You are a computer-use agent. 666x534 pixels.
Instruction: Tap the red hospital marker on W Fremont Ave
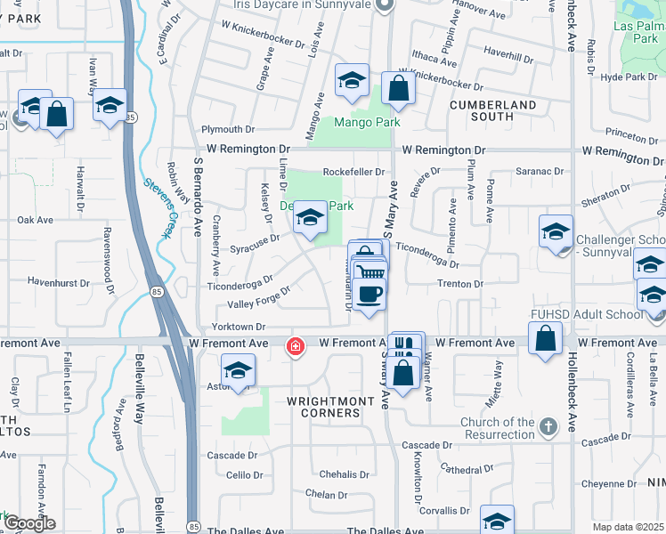293,346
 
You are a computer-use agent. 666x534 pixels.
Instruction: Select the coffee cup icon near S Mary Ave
369,292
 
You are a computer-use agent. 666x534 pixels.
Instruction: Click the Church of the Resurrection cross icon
548,425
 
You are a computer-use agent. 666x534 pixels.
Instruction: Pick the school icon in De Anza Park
309,216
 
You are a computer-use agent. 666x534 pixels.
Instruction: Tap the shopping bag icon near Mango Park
396,87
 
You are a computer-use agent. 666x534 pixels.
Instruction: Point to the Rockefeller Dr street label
353,172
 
